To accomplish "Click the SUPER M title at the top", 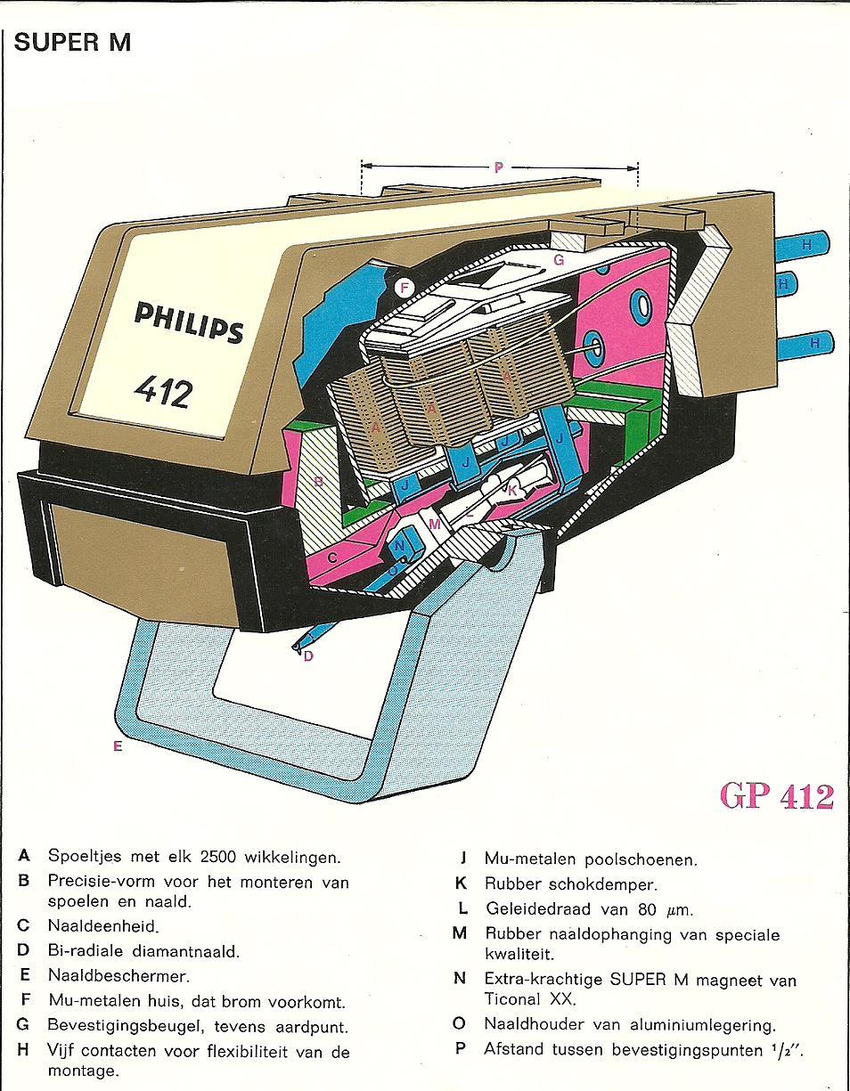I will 72,42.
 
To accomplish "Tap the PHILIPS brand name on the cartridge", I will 188,322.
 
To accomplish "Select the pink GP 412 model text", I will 776,795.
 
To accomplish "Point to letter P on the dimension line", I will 498,167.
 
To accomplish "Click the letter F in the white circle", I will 404,288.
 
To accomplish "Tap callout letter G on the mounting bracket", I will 559,260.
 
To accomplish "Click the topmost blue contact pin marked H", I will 805,243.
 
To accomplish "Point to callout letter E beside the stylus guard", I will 117,746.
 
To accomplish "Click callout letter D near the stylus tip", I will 308,656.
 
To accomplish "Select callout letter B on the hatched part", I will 318,482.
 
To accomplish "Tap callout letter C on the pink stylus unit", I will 332,558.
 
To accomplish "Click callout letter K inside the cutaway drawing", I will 512,489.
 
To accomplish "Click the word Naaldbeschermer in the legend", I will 119,975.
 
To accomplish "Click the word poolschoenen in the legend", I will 641,859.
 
